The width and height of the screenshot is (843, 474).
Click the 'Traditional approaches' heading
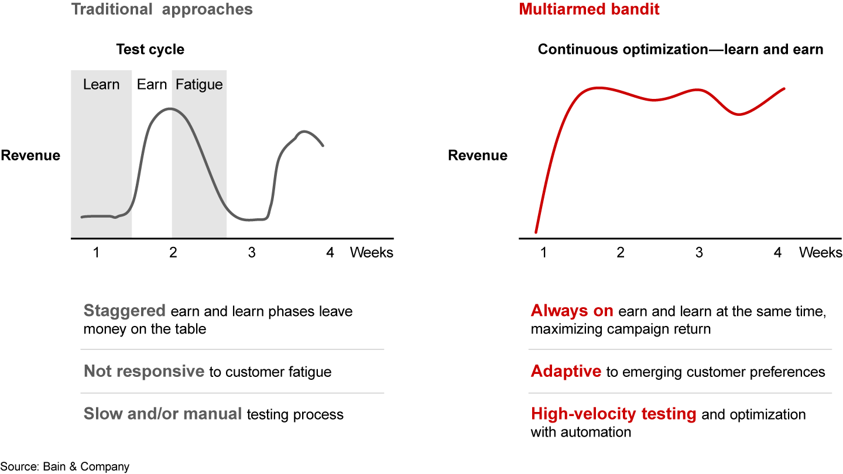[x=162, y=10]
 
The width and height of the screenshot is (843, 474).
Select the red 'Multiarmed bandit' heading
[x=589, y=10]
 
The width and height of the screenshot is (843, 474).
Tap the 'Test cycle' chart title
[x=150, y=50]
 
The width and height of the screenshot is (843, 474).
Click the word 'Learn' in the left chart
[x=101, y=84]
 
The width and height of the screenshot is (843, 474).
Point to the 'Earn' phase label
[x=152, y=84]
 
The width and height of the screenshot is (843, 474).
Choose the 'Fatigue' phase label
[x=199, y=84]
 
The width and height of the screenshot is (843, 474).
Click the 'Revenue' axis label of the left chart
[x=30, y=156]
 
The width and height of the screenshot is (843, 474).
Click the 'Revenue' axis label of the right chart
[x=478, y=156]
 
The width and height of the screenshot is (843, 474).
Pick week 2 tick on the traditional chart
[x=173, y=253]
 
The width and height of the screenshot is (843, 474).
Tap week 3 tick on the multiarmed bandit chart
[x=698, y=253]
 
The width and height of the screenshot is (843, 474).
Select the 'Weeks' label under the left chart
[x=372, y=253]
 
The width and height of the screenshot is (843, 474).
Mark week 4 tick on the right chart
[x=777, y=253]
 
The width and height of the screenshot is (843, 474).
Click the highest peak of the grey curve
[x=170, y=109]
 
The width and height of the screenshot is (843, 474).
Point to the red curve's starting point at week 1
[x=536, y=232]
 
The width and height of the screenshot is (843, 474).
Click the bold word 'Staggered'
[x=125, y=311]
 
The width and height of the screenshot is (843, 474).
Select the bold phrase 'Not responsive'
[x=143, y=372]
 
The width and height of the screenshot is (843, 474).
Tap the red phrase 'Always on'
[x=572, y=311]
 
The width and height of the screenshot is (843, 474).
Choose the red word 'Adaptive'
[x=566, y=372]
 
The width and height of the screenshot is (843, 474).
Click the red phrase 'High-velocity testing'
[x=614, y=414]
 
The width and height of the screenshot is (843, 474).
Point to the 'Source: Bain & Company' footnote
[x=65, y=466]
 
